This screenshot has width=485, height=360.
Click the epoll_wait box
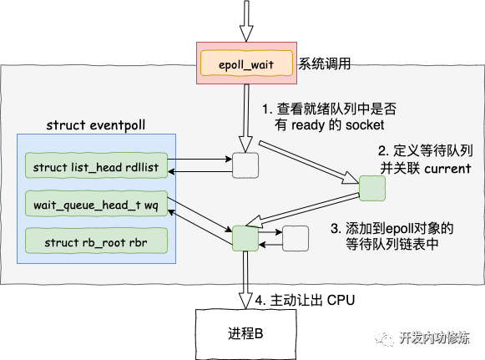tap(246, 63)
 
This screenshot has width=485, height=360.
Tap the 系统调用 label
tap(324, 63)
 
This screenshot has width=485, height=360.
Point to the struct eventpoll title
tap(95, 125)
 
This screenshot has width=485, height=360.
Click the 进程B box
tap(246, 334)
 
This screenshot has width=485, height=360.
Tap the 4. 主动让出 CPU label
tap(305, 300)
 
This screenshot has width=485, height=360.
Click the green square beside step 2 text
tap(372, 188)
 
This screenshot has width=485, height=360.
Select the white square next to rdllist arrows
tap(245, 165)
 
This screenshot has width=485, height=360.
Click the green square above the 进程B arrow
tap(245, 238)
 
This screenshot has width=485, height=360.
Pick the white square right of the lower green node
tap(296, 238)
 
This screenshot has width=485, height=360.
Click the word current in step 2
tap(447, 169)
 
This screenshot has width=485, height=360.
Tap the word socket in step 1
tap(365, 125)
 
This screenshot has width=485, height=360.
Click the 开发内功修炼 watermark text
tap(434, 337)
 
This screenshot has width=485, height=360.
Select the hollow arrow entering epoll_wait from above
tap(246, 21)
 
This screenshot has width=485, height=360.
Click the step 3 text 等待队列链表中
tap(392, 244)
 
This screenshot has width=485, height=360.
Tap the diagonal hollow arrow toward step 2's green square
tap(309, 163)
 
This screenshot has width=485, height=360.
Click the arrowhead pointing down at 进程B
tap(245, 300)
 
